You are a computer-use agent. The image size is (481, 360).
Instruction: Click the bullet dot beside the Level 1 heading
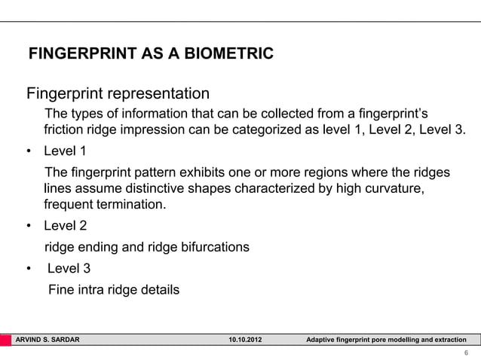[29, 150]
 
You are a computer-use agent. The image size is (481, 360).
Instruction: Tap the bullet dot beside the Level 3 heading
[29, 267]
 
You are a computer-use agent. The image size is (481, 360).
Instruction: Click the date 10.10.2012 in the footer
[247, 340]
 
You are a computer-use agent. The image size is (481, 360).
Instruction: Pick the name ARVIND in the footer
[30, 340]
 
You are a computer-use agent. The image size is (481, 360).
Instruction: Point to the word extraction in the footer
[448, 340]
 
